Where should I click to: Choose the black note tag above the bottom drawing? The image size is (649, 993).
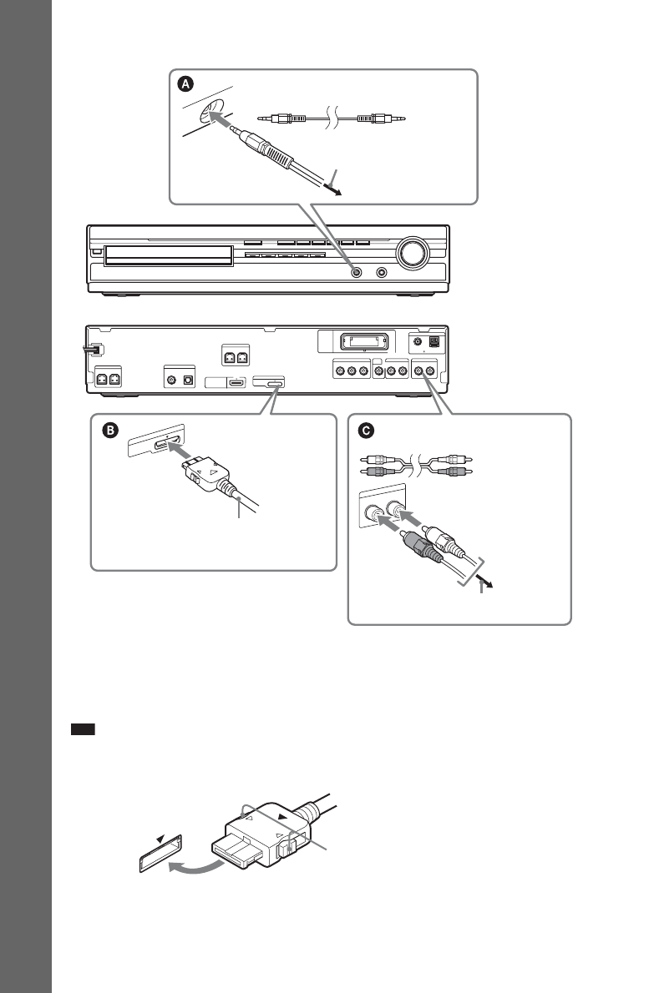(84, 728)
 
